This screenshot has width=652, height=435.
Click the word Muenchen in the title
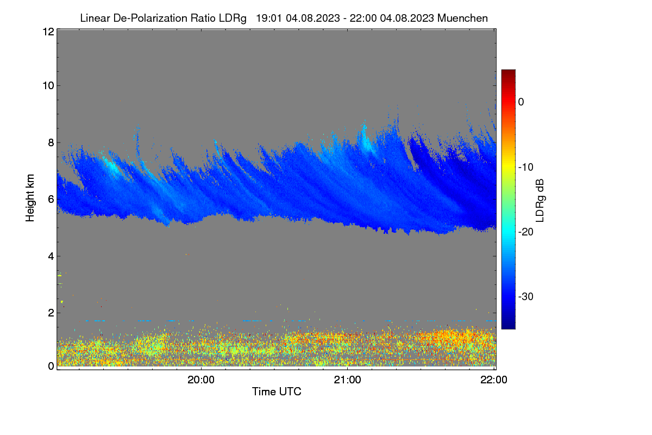(462, 18)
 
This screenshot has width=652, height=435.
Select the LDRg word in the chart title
(233, 18)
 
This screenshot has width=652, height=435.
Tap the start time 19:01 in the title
(269, 18)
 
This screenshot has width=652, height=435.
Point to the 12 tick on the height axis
(48, 32)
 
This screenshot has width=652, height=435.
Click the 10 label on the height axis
(48, 86)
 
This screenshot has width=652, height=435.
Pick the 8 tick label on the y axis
(51, 142)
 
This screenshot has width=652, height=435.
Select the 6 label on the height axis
(51, 200)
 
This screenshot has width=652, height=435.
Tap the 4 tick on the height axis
(51, 257)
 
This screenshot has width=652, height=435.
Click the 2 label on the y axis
(51, 313)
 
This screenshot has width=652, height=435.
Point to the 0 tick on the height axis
(51, 366)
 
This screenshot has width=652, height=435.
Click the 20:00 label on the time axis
(201, 380)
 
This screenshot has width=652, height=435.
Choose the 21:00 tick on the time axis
(347, 380)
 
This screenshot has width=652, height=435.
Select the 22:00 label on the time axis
(494, 380)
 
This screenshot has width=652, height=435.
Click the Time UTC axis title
(277, 391)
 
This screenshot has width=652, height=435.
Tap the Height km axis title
(30, 198)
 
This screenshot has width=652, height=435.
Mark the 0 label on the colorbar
(521, 102)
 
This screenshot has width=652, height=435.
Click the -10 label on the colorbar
(526, 167)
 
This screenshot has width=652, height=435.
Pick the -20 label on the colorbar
(526, 232)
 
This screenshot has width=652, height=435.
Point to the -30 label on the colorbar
(526, 296)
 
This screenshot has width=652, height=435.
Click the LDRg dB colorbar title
(540, 201)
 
